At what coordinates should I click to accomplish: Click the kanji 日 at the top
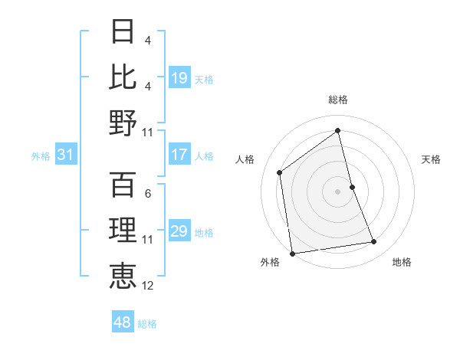pyautogui.click(x=123, y=32)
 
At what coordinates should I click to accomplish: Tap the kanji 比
pyautogui.click(x=123, y=77)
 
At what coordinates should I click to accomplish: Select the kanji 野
pyautogui.click(x=123, y=123)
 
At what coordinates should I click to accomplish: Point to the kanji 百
pyautogui.click(x=123, y=185)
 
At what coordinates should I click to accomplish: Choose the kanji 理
pyautogui.click(x=123, y=231)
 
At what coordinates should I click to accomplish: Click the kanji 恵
pyautogui.click(x=123, y=276)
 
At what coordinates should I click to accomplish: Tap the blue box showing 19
pyautogui.click(x=179, y=78)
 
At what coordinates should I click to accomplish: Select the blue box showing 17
pyautogui.click(x=179, y=155)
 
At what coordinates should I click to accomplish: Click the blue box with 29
pyautogui.click(x=179, y=231)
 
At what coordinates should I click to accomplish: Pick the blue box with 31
pyautogui.click(x=66, y=155)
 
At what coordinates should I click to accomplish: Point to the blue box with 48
pyautogui.click(x=123, y=322)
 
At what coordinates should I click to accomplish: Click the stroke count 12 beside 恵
pyautogui.click(x=148, y=286)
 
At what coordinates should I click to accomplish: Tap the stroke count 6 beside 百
pyautogui.click(x=148, y=194)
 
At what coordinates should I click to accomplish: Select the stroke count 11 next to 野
pyautogui.click(x=148, y=133)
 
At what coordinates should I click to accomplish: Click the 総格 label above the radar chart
pyautogui.click(x=338, y=100)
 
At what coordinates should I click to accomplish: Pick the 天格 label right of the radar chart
pyautogui.click(x=432, y=159)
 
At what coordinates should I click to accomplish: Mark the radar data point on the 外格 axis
pyautogui.click(x=292, y=253)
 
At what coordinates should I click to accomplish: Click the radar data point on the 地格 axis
pyautogui.click(x=374, y=242)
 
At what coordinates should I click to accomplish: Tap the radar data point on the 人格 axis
pyautogui.click(x=280, y=172)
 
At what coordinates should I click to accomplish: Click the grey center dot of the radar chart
pyautogui.click(x=338, y=191)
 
